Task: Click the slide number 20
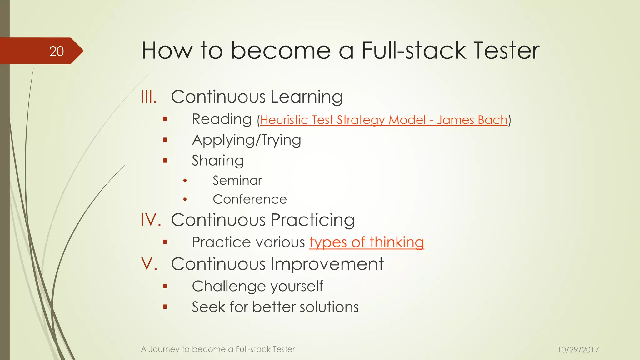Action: click(x=57, y=51)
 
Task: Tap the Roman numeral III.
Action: click(x=149, y=97)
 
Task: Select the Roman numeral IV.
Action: click(x=151, y=220)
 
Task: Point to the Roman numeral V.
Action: click(x=149, y=264)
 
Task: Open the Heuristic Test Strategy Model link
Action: click(x=383, y=120)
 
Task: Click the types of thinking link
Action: click(x=367, y=242)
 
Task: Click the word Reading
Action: click(x=222, y=119)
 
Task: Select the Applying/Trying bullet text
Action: click(x=247, y=140)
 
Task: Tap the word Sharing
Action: click(x=218, y=161)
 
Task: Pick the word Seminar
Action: click(x=237, y=181)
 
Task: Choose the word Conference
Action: click(x=250, y=199)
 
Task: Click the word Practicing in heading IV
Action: click(x=313, y=220)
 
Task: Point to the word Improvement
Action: click(x=327, y=264)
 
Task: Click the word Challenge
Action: click(x=227, y=286)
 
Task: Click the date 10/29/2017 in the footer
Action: click(x=578, y=350)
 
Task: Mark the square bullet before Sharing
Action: click(x=165, y=161)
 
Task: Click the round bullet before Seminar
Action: click(x=185, y=181)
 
